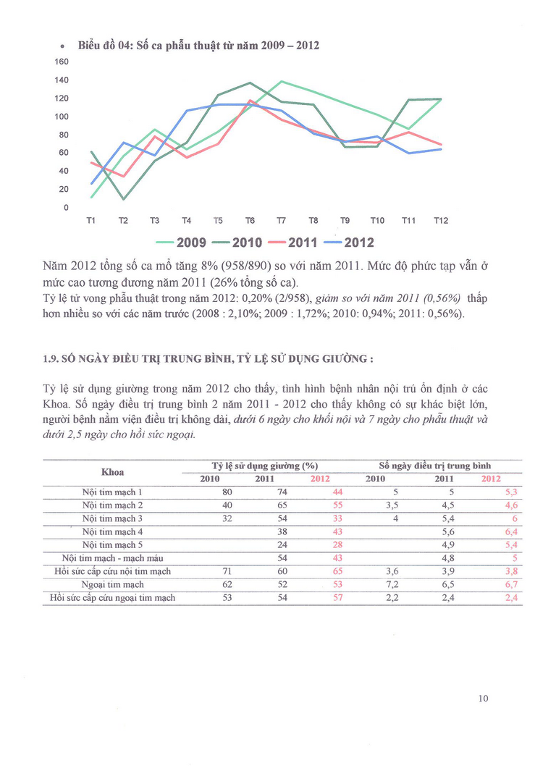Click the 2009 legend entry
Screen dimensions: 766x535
pos(182,242)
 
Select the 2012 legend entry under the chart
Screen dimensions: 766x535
pos(347,242)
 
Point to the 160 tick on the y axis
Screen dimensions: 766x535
pos(62,62)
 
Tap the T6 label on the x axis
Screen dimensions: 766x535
pos(250,220)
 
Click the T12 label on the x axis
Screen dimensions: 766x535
pos(440,220)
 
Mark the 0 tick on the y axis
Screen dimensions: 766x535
pos(66,208)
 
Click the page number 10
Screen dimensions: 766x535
pos(484,698)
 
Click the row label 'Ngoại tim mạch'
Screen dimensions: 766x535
pos(113,584)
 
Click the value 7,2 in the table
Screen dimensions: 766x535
pos(374,584)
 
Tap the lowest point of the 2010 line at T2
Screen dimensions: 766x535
pos(123,199)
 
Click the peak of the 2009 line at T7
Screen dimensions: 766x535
pos(281,81)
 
